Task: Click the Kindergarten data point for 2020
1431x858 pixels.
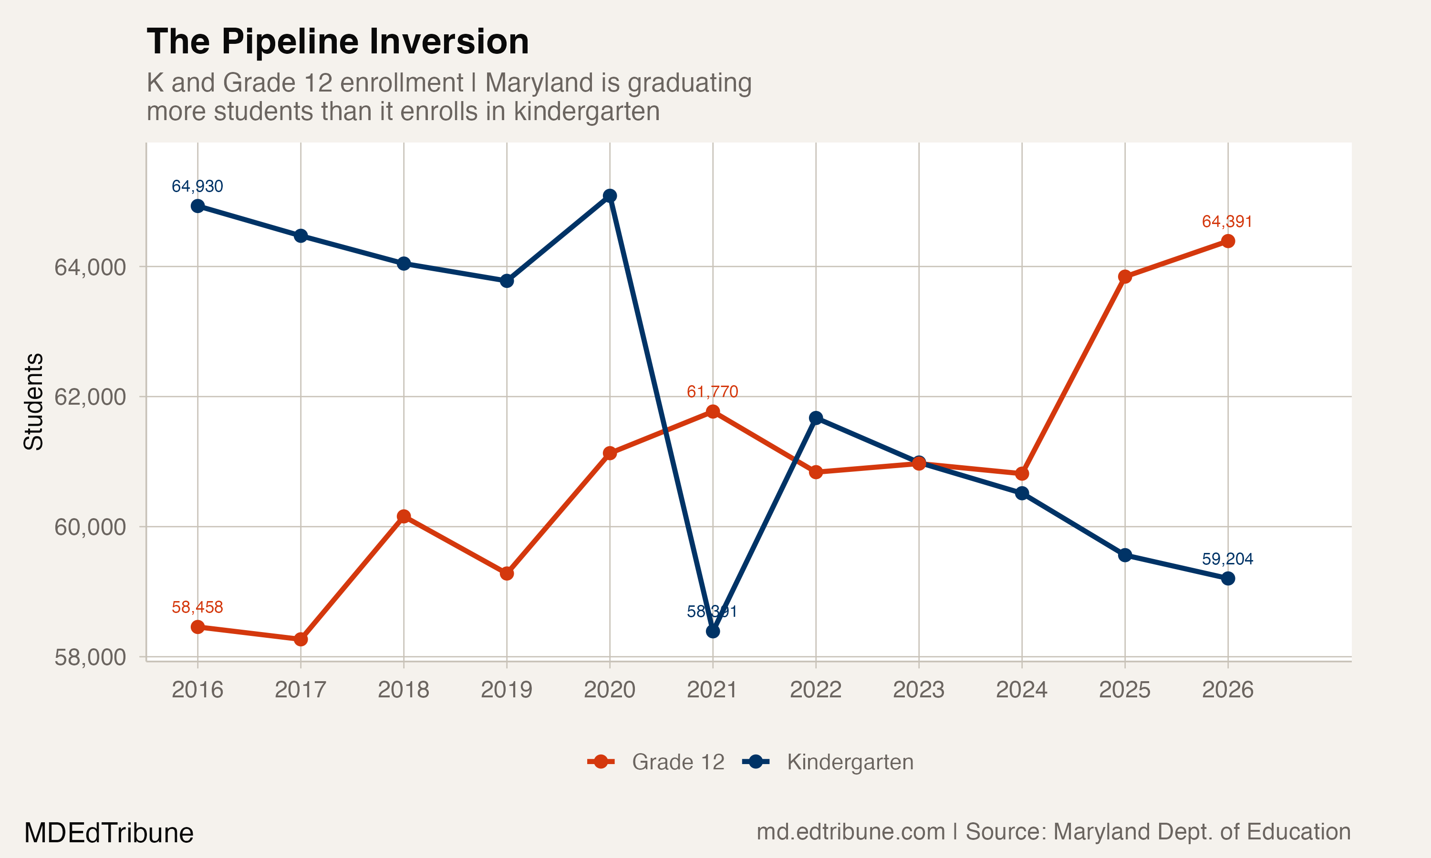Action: (610, 196)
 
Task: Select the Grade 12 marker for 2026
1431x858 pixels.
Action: (1228, 241)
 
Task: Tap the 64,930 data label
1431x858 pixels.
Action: (197, 186)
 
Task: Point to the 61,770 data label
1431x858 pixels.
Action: (712, 391)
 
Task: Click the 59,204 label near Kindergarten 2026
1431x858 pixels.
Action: (1227, 559)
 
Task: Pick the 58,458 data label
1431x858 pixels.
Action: (197, 607)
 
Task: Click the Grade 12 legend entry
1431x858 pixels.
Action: (656, 762)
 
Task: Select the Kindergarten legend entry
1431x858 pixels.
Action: (828, 762)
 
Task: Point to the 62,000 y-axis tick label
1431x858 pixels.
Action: (90, 397)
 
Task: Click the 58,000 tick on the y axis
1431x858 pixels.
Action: (90, 657)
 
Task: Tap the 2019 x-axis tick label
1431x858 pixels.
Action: (506, 690)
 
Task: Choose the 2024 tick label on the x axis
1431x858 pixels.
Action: (1021, 690)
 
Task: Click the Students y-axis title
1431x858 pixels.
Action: (33, 401)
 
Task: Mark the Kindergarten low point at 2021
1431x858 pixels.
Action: (713, 632)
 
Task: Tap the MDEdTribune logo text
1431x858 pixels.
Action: (109, 833)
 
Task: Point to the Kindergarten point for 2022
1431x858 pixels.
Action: (816, 418)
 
